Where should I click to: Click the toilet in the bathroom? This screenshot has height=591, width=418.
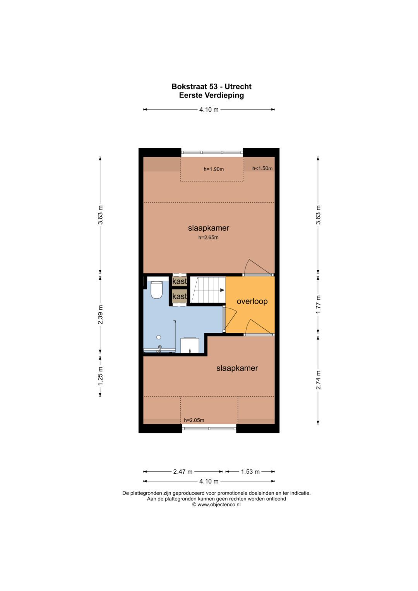pos(156,290)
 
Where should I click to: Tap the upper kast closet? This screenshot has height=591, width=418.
pos(180,281)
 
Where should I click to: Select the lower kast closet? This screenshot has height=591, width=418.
pos(180,296)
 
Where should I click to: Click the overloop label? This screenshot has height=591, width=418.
pos(252,301)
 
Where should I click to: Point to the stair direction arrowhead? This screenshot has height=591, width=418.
pos(222,290)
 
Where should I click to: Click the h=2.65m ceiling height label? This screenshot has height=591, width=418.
pos(208,238)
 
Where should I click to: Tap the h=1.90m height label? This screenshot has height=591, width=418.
pos(214,169)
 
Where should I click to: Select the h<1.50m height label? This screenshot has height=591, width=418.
pos(262,168)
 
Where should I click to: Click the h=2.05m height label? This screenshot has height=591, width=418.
pos(194,420)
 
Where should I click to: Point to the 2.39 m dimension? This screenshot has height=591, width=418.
pos(100,315)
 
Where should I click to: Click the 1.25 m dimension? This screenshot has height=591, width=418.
pos(100,375)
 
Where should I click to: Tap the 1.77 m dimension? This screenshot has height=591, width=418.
pos(318,305)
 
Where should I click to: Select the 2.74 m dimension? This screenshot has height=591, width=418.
pos(318,380)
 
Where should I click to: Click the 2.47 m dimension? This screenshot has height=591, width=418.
pos(183,471)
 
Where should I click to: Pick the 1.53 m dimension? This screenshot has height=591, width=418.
pos(250,471)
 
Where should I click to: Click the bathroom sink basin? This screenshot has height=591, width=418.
pos(190,345)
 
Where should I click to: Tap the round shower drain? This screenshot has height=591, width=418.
pos(159,337)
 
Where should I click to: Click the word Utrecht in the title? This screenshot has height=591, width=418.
pos(238,87)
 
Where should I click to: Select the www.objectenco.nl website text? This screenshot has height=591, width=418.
pos(219,504)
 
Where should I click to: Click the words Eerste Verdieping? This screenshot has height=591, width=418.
pos(211,95)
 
